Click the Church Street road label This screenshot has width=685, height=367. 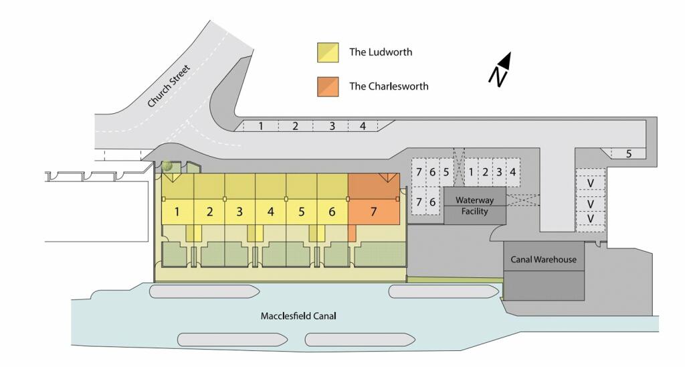(169, 86)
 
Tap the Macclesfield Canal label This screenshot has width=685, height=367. (298, 316)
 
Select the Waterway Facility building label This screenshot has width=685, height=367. (474, 206)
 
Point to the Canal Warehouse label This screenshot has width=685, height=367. (543, 259)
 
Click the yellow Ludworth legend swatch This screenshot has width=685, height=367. (328, 52)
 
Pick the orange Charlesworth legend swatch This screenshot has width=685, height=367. (328, 86)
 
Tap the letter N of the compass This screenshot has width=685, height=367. (497, 77)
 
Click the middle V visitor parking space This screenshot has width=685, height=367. (590, 204)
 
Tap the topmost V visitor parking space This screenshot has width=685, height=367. (590, 183)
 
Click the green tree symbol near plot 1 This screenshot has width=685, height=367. (167, 166)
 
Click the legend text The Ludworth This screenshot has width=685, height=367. (381, 52)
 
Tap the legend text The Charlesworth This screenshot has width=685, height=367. (389, 86)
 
